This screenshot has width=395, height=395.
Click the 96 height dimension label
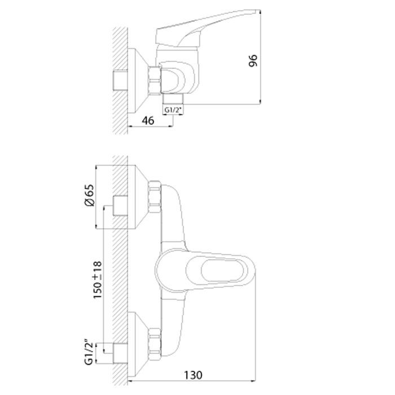click(x=253, y=60)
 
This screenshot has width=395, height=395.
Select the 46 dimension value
click(x=148, y=121)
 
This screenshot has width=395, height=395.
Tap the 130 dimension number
click(x=193, y=375)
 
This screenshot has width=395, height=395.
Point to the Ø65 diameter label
click(x=89, y=195)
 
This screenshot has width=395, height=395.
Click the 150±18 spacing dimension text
click(x=98, y=280)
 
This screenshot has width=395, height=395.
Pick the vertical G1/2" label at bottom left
click(x=89, y=353)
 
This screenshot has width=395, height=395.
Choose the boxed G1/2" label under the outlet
click(x=173, y=110)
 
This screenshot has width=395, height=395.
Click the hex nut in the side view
click(x=155, y=81)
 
